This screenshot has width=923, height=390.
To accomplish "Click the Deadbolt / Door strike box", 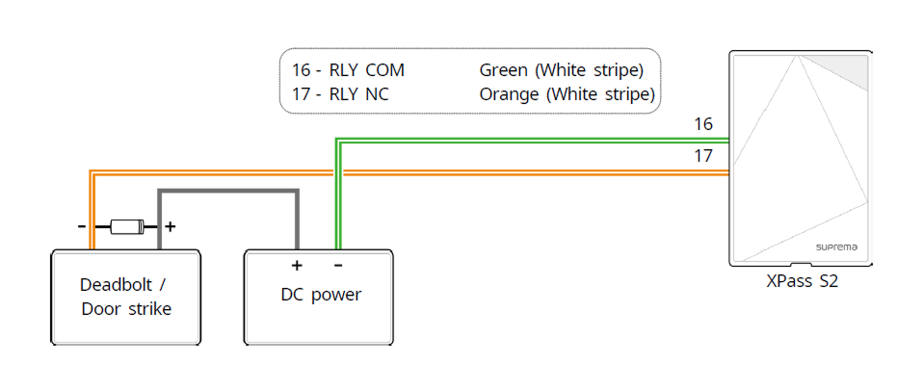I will (126, 297).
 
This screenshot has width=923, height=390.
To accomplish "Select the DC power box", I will (320, 297).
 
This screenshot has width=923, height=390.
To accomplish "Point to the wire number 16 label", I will (703, 124).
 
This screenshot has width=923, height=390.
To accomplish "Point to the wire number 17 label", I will (703, 155).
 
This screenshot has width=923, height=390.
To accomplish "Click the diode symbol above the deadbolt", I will (126, 227).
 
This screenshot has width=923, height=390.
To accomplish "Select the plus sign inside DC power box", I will (297, 265).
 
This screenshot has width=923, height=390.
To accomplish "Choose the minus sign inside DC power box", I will (337, 265).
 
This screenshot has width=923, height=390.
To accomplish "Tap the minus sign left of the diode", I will (83, 227).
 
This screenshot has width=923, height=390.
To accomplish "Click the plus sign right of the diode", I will (171, 227).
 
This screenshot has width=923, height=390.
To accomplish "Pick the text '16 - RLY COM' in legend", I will (348, 70).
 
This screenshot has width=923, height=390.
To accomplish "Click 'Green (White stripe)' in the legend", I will (561, 70).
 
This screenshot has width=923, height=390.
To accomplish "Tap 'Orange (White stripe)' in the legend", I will (567, 94).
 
